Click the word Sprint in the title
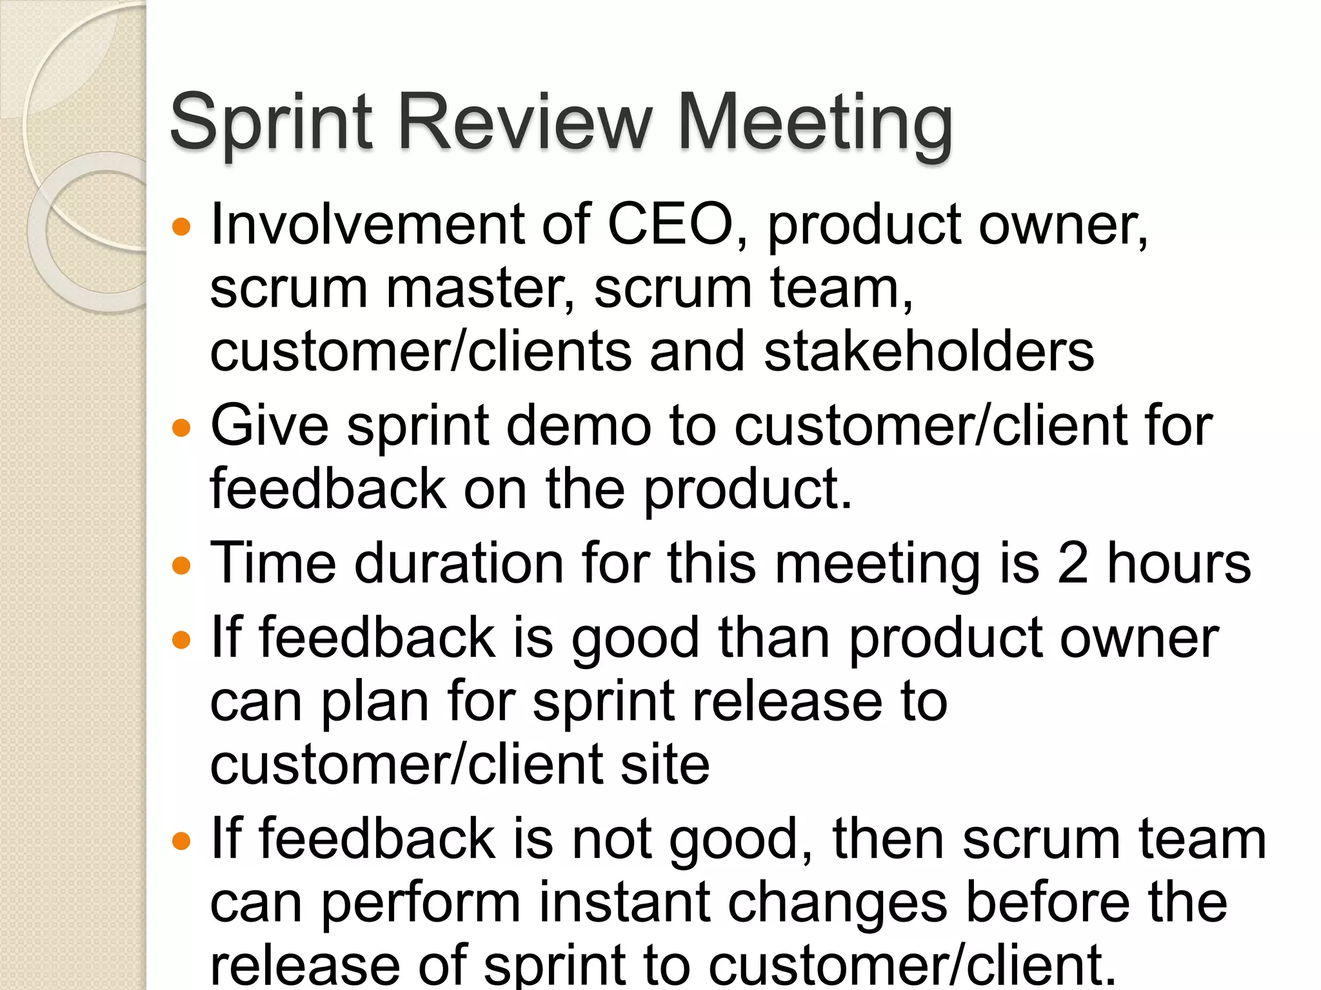pyautogui.click(x=272, y=122)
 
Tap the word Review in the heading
pyautogui.click(x=526, y=122)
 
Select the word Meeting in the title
pyautogui.click(x=815, y=122)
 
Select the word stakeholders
pyautogui.click(x=929, y=351)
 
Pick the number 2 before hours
pyautogui.click(x=1073, y=563)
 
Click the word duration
pyautogui.click(x=459, y=563)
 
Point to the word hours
pyautogui.click(x=1179, y=563)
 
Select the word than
pyautogui.click(x=774, y=638)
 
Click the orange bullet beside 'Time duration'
pyautogui.click(x=183, y=566)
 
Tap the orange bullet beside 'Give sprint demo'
pyautogui.click(x=183, y=428)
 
